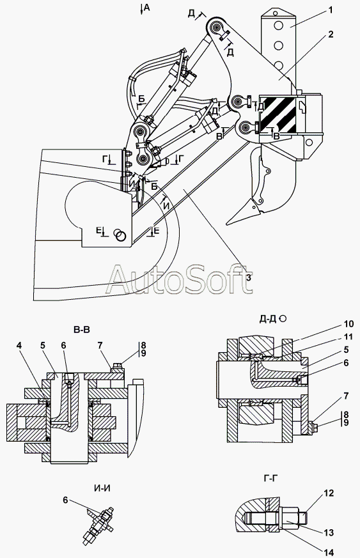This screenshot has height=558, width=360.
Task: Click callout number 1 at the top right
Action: click(x=331, y=10)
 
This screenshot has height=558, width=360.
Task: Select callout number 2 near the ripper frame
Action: click(x=331, y=35)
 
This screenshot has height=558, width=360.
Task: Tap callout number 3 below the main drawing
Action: click(x=249, y=277)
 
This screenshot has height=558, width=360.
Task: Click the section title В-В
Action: click(x=82, y=330)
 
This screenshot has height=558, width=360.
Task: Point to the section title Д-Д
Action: click(x=268, y=319)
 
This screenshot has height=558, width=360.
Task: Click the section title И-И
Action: click(x=102, y=488)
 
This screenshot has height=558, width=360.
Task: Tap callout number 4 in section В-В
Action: click(x=19, y=345)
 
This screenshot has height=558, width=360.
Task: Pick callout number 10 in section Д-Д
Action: click(x=348, y=324)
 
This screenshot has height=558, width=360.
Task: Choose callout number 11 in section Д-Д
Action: click(x=348, y=337)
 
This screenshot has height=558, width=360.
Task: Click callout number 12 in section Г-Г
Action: click(x=329, y=493)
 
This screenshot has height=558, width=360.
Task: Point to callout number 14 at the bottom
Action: click(x=329, y=552)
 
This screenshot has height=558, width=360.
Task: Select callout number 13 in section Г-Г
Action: click(x=329, y=532)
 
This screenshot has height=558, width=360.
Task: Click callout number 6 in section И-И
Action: click(x=65, y=500)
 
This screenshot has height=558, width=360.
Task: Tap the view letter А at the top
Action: click(x=147, y=8)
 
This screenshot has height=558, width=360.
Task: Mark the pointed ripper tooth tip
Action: click(x=227, y=224)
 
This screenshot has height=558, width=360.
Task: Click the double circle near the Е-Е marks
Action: click(x=120, y=235)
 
